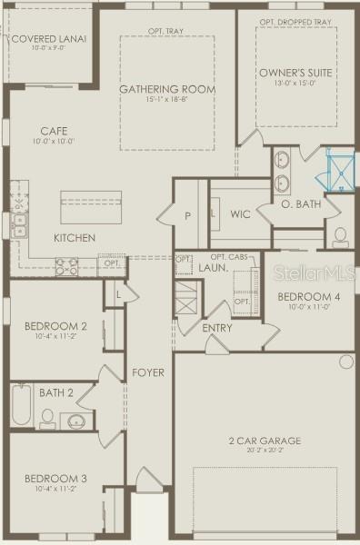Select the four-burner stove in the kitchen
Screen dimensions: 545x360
67,266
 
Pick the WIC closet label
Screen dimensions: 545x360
240,214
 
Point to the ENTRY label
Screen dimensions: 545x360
216,328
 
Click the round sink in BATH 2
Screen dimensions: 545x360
75,421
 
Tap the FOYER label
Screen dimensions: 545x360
147,372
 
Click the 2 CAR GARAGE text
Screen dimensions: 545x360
265,441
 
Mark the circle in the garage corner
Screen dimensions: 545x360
345,362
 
